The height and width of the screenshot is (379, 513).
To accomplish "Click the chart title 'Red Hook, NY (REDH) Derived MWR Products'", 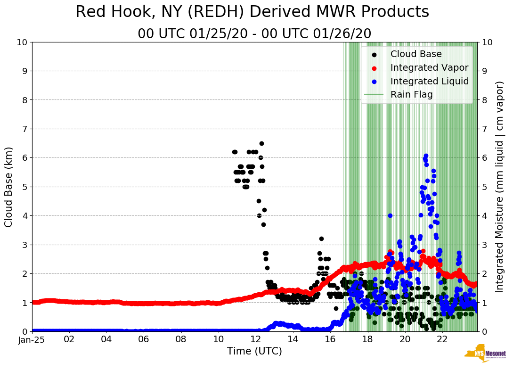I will [x=252, y=12].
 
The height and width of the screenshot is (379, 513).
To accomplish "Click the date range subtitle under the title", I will [x=254, y=34].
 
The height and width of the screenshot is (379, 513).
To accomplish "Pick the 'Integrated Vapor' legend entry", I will [x=429, y=68].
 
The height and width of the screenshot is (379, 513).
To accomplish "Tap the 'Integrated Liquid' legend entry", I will [x=429, y=82].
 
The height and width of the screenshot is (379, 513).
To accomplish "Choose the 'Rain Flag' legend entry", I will [x=411, y=95].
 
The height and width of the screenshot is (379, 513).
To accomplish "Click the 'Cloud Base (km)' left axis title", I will [x=9, y=187].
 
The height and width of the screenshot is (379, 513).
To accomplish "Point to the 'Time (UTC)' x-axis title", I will [x=254, y=351].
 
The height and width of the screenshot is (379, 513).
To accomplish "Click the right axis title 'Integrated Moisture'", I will [x=500, y=187].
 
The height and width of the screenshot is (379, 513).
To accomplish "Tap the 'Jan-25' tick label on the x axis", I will [x=32, y=339].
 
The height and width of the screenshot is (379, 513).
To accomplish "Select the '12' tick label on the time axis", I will [x=255, y=339].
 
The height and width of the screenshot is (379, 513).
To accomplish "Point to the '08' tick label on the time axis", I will [x=181, y=339].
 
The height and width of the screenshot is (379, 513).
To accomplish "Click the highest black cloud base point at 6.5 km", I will [x=261, y=143].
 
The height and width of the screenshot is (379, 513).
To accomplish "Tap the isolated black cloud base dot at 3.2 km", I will [x=321, y=239].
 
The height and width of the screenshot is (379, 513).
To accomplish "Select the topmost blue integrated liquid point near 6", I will [x=426, y=156].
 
